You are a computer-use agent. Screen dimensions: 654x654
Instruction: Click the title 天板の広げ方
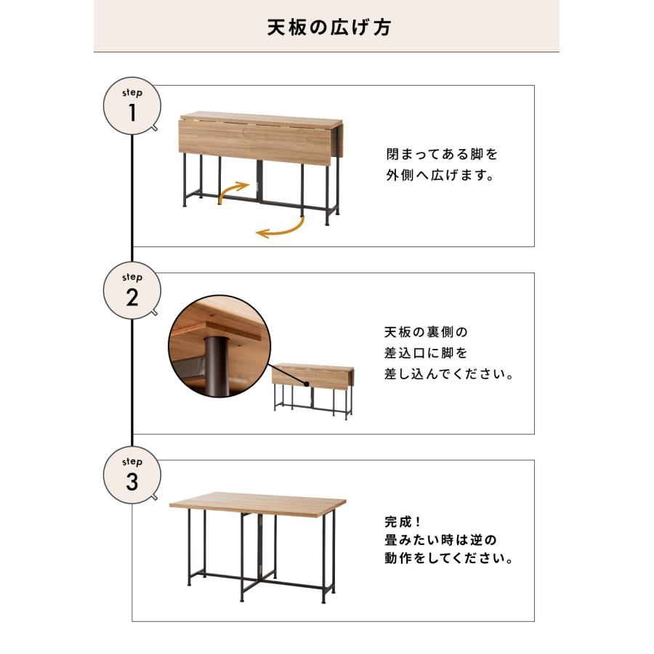[326, 28]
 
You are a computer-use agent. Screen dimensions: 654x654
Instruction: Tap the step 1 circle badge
[132, 108]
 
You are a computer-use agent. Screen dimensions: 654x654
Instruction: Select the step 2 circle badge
[132, 292]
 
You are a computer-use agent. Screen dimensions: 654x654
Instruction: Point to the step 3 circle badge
[132, 477]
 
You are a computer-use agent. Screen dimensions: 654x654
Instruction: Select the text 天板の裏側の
[426, 332]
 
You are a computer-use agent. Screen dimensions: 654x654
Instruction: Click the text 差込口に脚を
[426, 353]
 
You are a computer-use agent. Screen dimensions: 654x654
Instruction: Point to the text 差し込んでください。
[448, 376]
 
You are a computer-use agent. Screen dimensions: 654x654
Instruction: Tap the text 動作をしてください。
[448, 560]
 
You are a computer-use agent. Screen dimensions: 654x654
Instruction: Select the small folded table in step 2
[312, 389]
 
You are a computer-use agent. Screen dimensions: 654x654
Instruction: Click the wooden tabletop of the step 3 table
[258, 501]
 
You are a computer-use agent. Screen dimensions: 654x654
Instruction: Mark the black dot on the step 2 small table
[307, 383]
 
